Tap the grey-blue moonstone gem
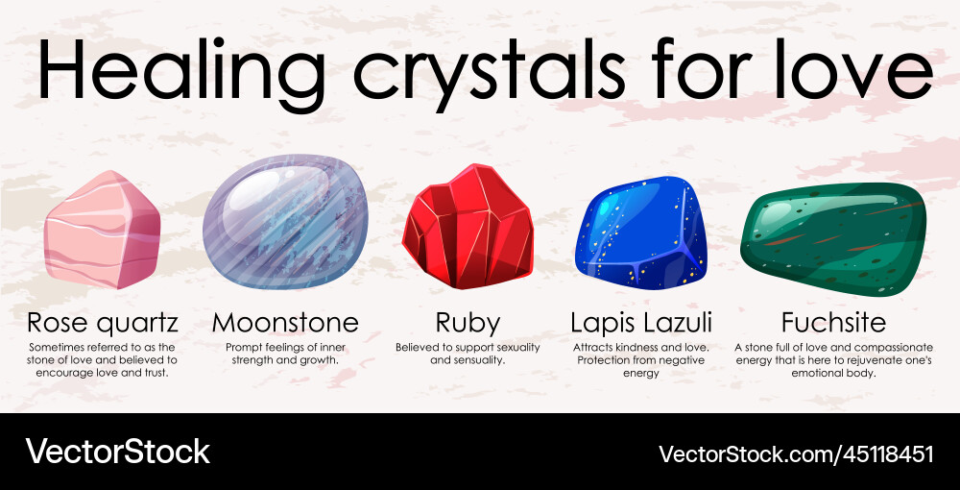pos(285,222)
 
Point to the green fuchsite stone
pos(832,237)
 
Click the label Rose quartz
pos(103,322)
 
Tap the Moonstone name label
pos(285,322)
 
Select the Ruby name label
pos(468,322)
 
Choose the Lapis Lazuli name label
pos(641,322)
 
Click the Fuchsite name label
pos(832,322)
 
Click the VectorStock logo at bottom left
pos(117,452)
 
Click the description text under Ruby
pos(468,353)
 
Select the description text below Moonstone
pos(285,353)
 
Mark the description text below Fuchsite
pos(832,359)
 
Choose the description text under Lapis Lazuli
pos(641,359)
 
